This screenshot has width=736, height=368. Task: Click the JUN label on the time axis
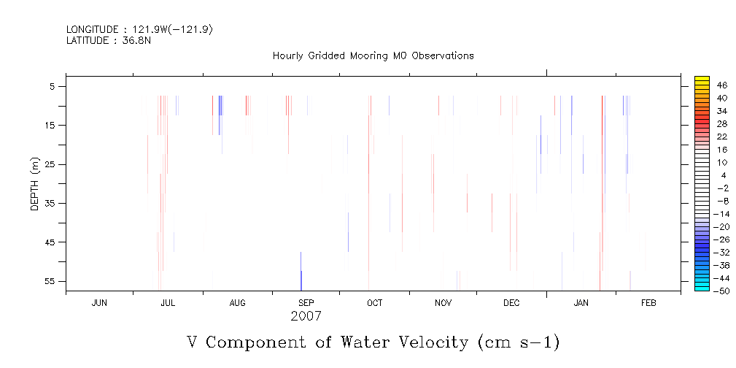100,302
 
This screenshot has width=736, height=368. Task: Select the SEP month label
306,302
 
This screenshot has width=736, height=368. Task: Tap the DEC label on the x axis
511,302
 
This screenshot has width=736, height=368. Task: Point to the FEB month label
648,302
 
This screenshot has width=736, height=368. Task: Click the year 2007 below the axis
306,317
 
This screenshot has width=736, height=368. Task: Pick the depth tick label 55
52,281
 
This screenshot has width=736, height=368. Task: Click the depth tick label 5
55,86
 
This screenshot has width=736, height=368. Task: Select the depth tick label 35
52,203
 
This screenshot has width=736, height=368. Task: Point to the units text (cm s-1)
519,342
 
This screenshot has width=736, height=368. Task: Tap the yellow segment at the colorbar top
702,80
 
